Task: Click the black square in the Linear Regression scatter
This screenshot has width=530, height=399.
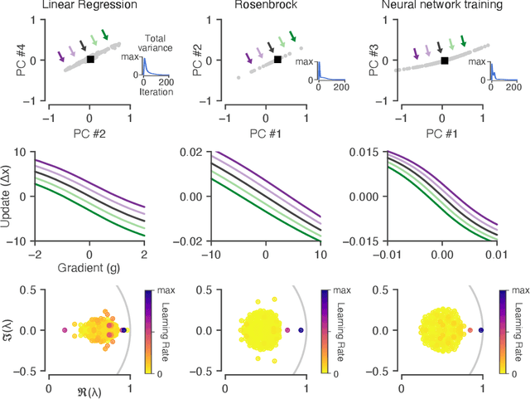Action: pyautogui.click(x=90, y=59)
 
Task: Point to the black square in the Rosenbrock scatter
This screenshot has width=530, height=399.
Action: pyautogui.click(x=277, y=60)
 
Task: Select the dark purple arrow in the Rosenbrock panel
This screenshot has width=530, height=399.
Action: pyautogui.click(x=249, y=57)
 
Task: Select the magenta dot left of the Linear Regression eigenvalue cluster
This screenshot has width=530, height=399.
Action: pyautogui.click(x=65, y=330)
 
